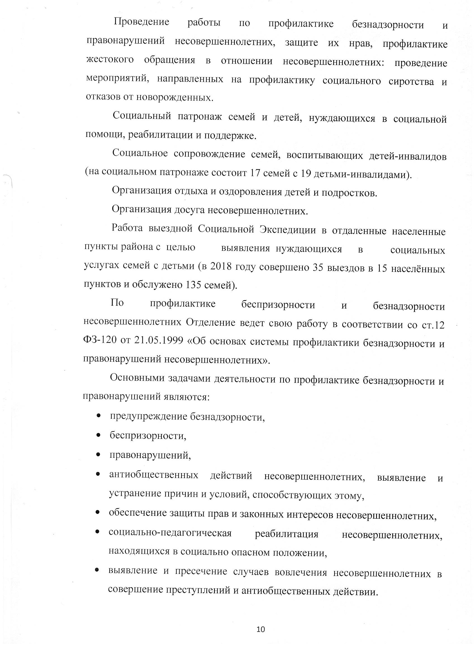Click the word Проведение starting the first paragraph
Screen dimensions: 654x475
point(141,22)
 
